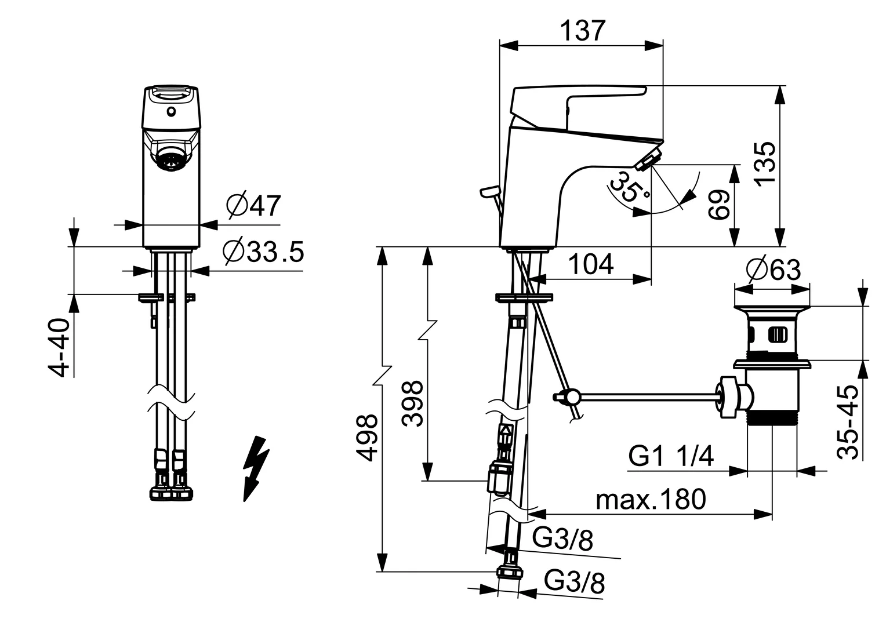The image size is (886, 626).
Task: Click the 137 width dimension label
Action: [x=583, y=31]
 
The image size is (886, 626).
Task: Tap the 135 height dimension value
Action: [x=765, y=162]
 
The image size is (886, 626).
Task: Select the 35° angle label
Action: [x=629, y=191]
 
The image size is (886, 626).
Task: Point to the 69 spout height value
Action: [x=718, y=205]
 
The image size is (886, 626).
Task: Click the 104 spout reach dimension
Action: [x=591, y=264]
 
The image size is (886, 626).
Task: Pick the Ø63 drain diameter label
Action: [x=774, y=270]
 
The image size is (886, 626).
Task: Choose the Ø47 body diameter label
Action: [x=253, y=205]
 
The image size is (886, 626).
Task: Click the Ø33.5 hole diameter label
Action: [x=263, y=252]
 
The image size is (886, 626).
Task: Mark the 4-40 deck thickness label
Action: [x=59, y=347]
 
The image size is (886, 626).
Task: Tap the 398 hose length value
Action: [x=412, y=404]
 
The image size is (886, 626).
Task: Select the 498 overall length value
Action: [x=366, y=438]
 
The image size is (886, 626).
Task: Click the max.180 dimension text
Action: [x=651, y=500]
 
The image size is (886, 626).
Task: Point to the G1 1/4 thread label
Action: [x=671, y=456]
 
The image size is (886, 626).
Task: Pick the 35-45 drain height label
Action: [x=848, y=423]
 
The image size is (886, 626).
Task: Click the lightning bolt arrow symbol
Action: [x=256, y=469]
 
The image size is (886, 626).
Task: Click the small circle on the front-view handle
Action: [x=171, y=112]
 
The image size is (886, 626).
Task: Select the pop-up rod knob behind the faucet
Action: [x=489, y=192]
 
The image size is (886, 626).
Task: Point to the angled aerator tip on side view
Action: [x=649, y=159]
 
